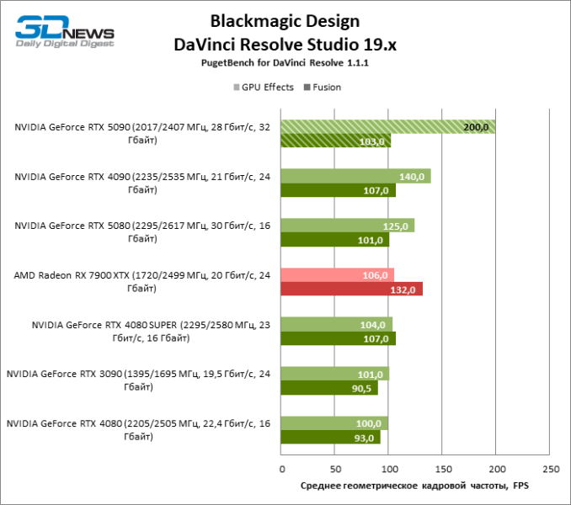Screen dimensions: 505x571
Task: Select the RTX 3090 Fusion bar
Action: tap(329, 388)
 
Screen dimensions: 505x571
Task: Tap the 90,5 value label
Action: tap(360, 388)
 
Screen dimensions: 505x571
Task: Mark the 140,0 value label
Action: tap(413, 176)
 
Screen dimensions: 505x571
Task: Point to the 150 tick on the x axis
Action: tap(442, 469)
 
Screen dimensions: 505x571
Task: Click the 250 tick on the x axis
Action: tap(550, 469)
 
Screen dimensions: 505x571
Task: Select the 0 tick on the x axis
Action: tap(281, 469)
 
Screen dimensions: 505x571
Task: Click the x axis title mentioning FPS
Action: tap(414, 486)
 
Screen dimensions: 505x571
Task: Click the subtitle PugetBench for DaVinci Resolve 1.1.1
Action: tap(285, 63)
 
